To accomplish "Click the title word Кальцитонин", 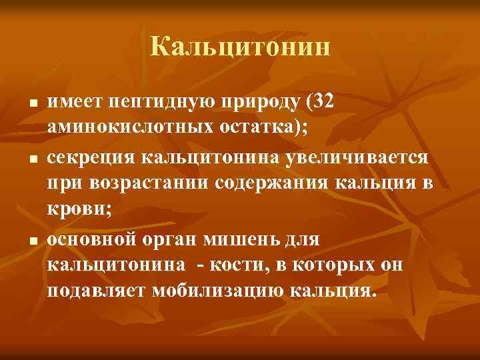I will pos(240,47).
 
